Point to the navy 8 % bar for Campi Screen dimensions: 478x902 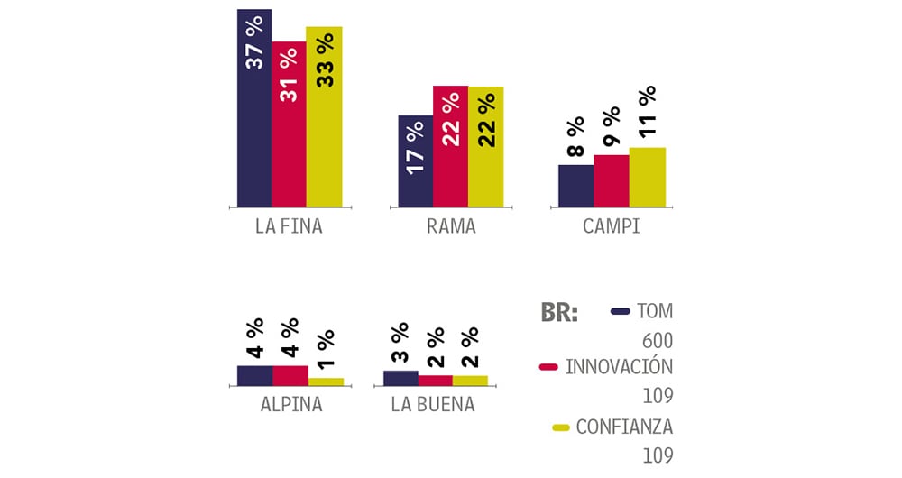[575, 186]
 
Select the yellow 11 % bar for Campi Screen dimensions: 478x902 [647, 177]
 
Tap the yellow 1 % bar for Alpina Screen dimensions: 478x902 [326, 381]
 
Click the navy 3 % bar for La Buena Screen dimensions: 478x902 [400, 378]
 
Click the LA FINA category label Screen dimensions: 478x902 [289, 226]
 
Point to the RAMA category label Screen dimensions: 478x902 [450, 226]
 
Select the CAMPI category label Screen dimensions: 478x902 [611, 226]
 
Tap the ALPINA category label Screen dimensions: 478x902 [290, 404]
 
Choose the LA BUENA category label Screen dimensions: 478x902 [433, 404]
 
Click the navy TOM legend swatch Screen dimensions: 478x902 [620, 312]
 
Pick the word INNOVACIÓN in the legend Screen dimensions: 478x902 [619, 368]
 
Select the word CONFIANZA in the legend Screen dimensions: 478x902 [624, 427]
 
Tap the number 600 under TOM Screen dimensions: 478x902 [658, 340]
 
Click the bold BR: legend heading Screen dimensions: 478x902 [559, 313]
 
